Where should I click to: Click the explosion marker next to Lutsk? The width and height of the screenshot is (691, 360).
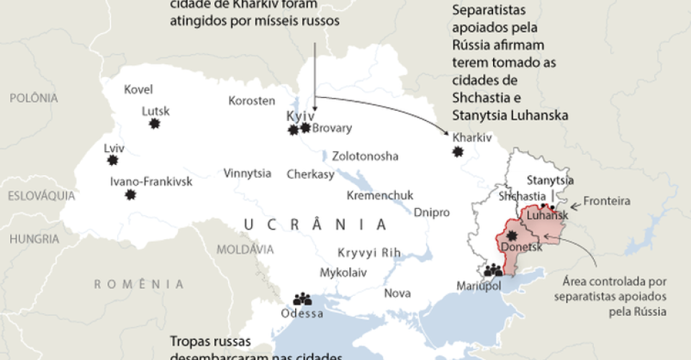pos(154,124)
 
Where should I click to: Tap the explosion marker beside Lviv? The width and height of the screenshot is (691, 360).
pos(112,160)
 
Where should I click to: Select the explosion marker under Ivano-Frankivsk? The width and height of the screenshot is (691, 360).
pos(130,194)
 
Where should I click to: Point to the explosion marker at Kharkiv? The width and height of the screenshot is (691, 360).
pos(458,152)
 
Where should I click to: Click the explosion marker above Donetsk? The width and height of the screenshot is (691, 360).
pos(512,235)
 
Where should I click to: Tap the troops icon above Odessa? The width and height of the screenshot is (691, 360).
pos(302,298)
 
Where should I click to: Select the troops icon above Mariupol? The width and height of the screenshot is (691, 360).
pos(493,271)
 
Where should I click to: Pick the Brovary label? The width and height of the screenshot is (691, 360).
pos(332,128)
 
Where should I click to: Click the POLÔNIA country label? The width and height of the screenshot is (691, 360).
pos(33,98)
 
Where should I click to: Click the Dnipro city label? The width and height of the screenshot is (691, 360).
pos(431,212)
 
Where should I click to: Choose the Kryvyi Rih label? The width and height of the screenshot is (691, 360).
pos(369,253)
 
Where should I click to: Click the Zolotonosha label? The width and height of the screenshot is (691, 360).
pos(365,156)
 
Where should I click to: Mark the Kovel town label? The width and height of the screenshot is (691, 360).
pos(138,90)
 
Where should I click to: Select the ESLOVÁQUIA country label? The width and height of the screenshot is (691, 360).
pos(42,195)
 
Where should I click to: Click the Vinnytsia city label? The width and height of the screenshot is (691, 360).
pos(247,174)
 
